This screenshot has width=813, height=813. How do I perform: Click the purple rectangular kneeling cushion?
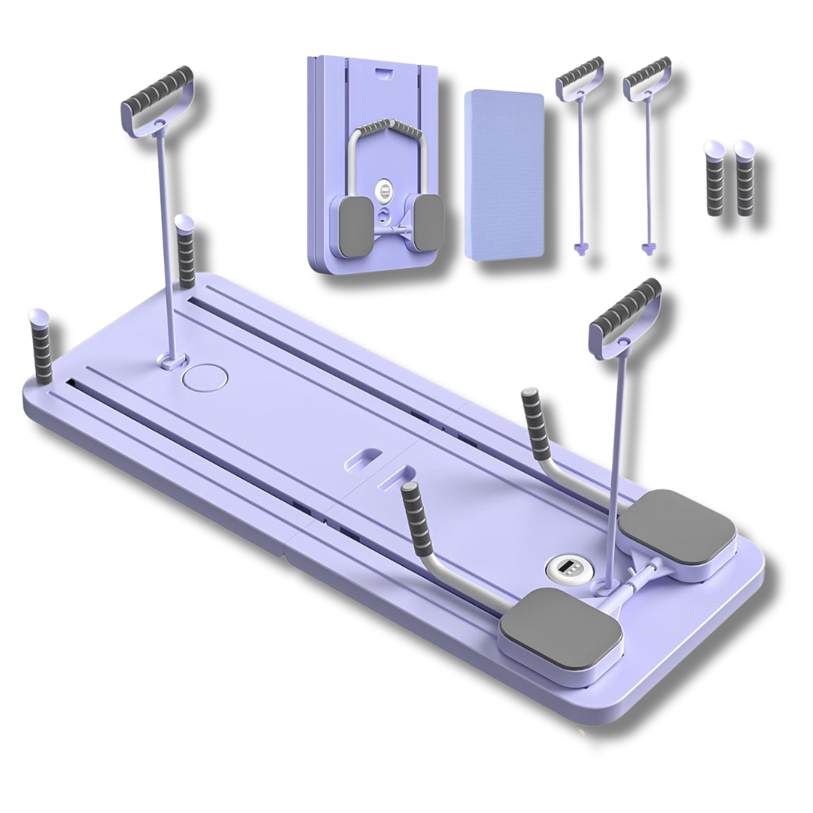tap(504, 173)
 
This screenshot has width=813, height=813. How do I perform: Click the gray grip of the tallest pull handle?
tap(157, 90)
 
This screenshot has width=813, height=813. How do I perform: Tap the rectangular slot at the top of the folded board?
tap(383, 73)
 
